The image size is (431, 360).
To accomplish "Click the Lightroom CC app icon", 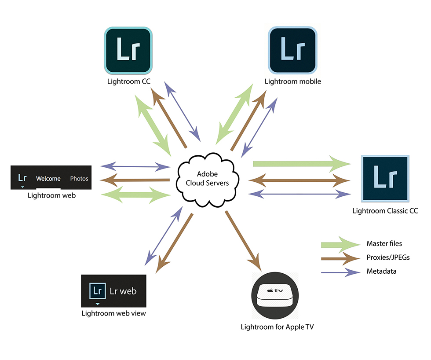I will pos(128,50).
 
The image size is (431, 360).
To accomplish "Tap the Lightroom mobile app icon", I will pos(292,50).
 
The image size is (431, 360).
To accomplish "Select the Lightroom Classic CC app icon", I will pos(385,179).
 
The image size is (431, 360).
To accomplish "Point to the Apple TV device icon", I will pos(276,295).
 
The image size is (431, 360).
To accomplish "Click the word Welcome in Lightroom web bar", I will pos(48,179).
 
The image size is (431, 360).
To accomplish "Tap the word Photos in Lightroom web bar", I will pos(79,179).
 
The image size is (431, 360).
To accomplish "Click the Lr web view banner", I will pos(113,291).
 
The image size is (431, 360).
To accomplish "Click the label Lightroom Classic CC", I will pos(385,211).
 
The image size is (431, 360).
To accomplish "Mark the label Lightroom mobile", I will pos(292,81).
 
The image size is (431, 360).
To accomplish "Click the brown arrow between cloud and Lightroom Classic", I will pos(299,180).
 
